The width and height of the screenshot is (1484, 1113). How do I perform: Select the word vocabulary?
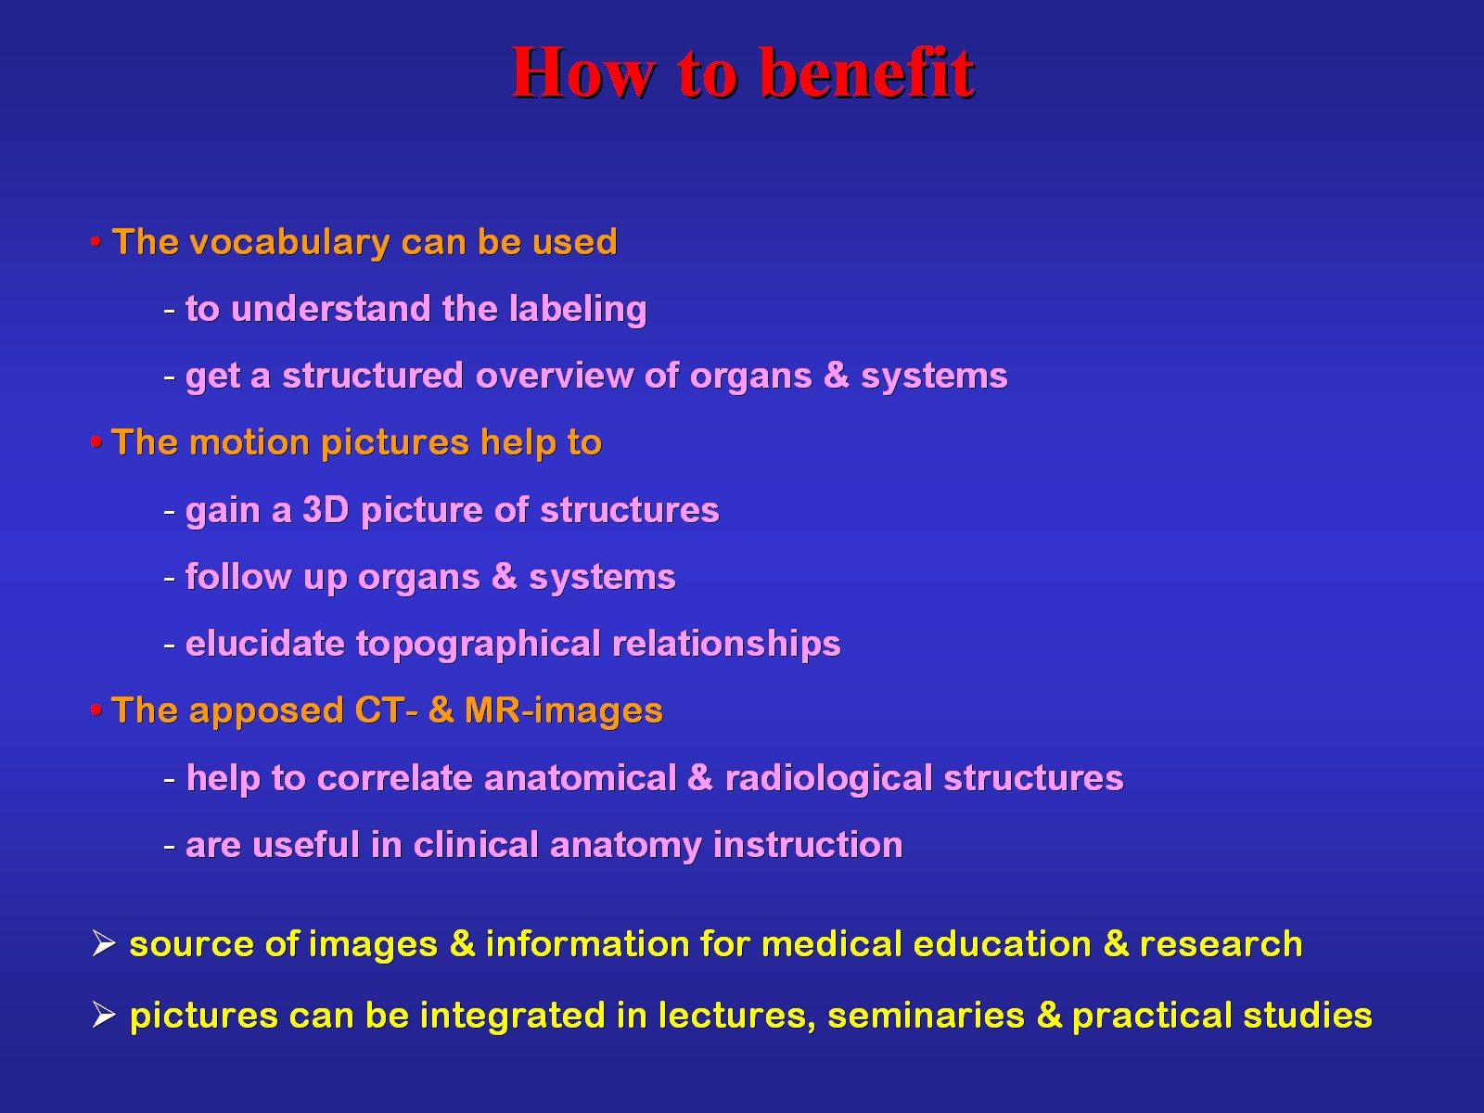click(289, 243)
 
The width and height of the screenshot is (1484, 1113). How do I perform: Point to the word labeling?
click(578, 310)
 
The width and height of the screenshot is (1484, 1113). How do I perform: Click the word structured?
click(373, 376)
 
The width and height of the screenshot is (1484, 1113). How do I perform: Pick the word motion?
click(249, 442)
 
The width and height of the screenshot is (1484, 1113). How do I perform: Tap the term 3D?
click(326, 509)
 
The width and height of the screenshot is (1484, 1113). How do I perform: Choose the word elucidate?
click(265, 644)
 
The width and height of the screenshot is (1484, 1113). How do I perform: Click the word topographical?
click(478, 645)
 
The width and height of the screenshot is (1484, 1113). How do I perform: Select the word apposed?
click(266, 711)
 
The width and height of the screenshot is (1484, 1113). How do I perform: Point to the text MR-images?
click(564, 711)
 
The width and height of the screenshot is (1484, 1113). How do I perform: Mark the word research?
click(1221, 944)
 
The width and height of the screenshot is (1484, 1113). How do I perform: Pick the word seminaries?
click(927, 1016)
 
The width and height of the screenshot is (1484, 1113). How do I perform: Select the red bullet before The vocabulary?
click(96, 241)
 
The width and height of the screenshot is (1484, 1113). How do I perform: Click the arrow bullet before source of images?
click(104, 943)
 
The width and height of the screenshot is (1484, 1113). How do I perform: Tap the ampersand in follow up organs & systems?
click(505, 576)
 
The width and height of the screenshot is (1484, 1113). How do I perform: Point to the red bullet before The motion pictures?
click(96, 442)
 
